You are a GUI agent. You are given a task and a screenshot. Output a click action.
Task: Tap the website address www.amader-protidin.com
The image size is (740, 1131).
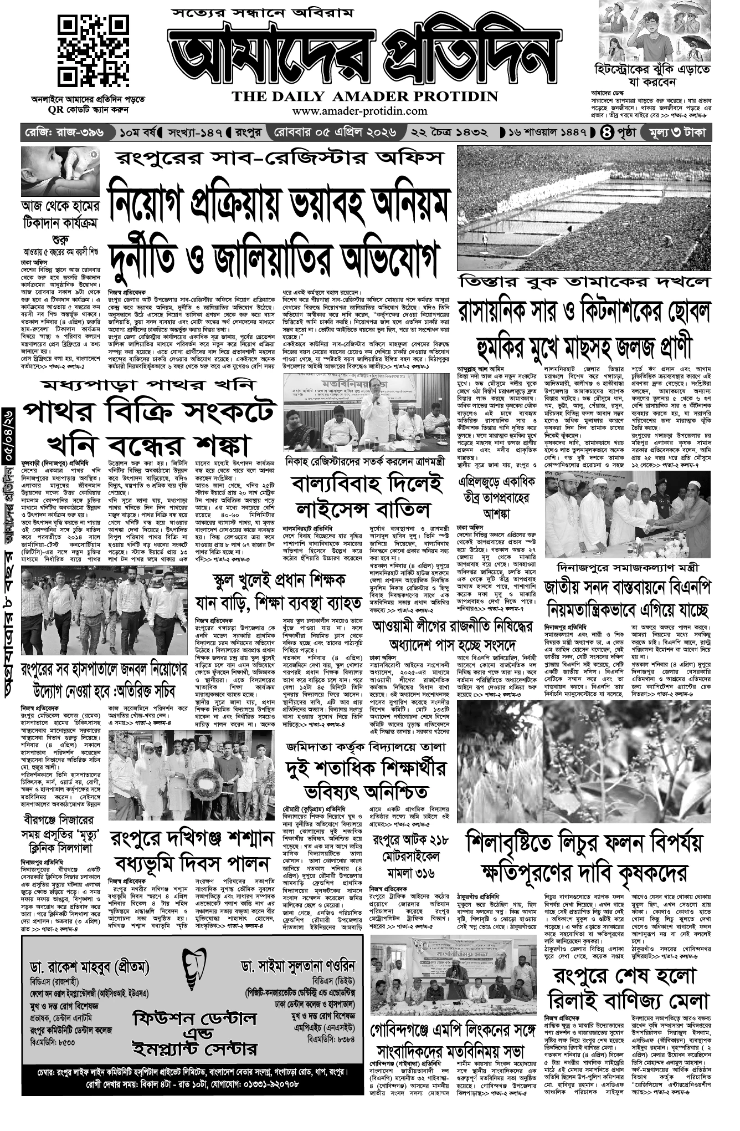359,111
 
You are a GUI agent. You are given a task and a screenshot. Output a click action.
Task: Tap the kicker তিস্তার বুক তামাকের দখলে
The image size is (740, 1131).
583,281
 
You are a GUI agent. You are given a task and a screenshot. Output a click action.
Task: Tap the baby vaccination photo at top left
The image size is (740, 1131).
60,171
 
